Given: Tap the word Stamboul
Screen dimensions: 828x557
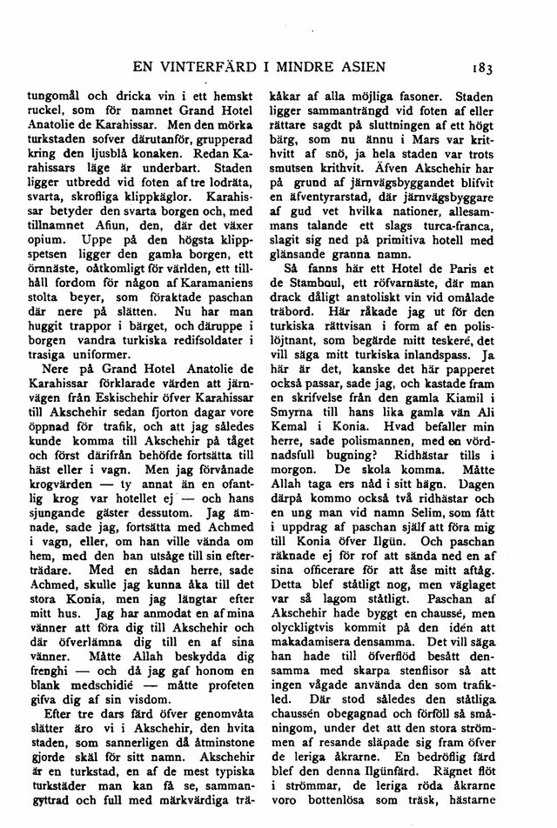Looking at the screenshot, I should coord(316,299).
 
